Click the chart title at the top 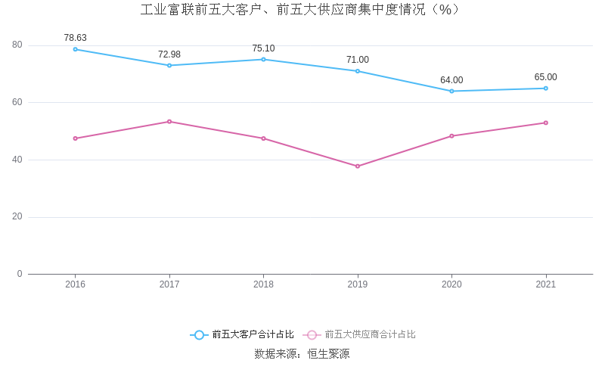[302, 10]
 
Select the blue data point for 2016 [76, 49]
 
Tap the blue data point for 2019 [358, 71]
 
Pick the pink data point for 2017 [169, 122]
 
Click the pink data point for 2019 [358, 166]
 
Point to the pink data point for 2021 [546, 123]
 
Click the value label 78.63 [75, 38]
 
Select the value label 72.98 [169, 54]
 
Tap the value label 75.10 [263, 48]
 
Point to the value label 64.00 [451, 80]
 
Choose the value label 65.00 [545, 77]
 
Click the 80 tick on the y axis [17, 45]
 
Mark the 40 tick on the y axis [17, 160]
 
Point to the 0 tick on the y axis [20, 274]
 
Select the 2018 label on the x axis [263, 284]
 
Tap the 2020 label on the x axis [451, 284]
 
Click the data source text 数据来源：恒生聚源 [302, 354]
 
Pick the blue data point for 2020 [451, 92]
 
